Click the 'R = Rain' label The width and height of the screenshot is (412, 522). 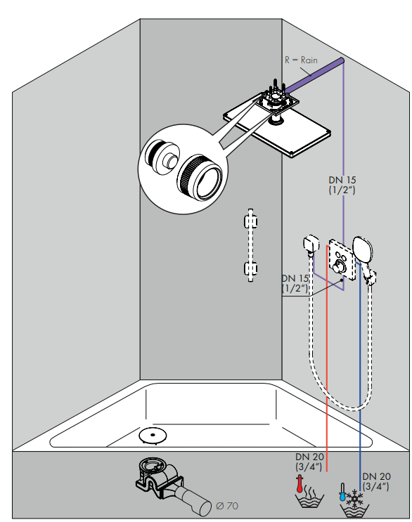coord(301,60)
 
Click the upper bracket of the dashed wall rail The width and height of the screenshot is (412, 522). coord(249,222)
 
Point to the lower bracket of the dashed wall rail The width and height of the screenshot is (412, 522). coord(249,268)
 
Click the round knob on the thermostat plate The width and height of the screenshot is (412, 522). coord(340,264)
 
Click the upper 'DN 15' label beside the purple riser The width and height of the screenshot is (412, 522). coord(342,185)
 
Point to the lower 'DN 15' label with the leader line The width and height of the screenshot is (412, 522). coord(296,282)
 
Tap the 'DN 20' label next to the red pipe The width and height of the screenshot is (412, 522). coord(309,461)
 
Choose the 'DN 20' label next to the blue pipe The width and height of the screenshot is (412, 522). coord(376,480)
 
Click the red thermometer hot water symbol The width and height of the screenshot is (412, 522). coord(300,485)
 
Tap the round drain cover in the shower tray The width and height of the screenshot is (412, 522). coord(151,436)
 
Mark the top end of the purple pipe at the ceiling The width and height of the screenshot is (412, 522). coord(342,62)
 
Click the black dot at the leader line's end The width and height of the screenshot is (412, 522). coord(342,279)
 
